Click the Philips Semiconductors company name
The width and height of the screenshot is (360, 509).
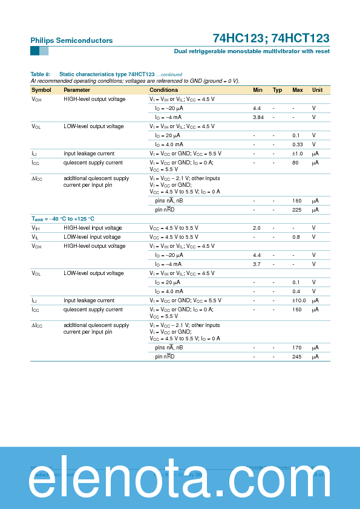[x=71, y=41]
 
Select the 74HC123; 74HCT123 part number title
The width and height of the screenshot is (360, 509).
[x=271, y=38]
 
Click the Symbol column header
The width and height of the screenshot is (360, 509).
[x=41, y=90]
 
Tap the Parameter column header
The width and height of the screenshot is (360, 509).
[x=77, y=90]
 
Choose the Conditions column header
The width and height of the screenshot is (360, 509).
[x=164, y=90]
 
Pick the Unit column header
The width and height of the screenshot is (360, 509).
[x=317, y=90]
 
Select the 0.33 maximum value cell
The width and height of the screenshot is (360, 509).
[x=297, y=144]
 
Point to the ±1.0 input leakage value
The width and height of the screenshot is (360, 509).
[x=297, y=154]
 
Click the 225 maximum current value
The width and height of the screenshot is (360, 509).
[x=297, y=209]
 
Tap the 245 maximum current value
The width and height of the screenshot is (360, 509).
[x=297, y=357]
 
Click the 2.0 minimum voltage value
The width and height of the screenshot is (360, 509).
[x=257, y=228]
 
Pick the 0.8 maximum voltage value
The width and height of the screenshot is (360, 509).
[x=296, y=237]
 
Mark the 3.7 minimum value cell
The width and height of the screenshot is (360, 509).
[x=257, y=264]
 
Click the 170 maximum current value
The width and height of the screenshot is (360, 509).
[x=297, y=348]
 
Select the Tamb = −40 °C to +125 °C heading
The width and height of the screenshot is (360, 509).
[x=63, y=219]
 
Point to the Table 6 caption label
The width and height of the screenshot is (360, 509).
[x=40, y=74]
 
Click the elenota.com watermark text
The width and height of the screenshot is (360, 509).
[x=180, y=478]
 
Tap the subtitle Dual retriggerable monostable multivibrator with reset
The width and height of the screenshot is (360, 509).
[x=252, y=51]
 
